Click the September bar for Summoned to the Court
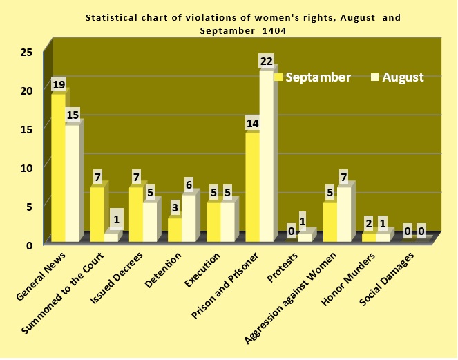pos(97,214)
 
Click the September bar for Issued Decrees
pos(135,214)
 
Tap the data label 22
pos(267,61)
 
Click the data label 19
pos(59,84)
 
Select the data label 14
pos(252,124)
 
